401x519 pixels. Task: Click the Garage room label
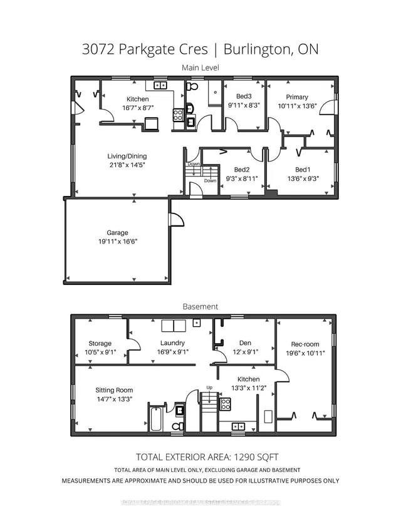(117, 232)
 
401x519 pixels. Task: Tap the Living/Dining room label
(127, 156)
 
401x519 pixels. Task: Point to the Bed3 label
(244, 96)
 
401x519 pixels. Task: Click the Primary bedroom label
(297, 97)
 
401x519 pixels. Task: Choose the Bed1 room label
(303, 170)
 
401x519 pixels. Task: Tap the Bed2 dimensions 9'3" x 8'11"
(242, 178)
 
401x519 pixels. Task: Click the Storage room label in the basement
(100, 344)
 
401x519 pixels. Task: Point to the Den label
(245, 343)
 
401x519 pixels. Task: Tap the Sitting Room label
(114, 390)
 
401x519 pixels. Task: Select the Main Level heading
(200, 67)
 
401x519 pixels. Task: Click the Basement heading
(200, 307)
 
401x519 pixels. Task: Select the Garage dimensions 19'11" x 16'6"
(117, 241)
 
